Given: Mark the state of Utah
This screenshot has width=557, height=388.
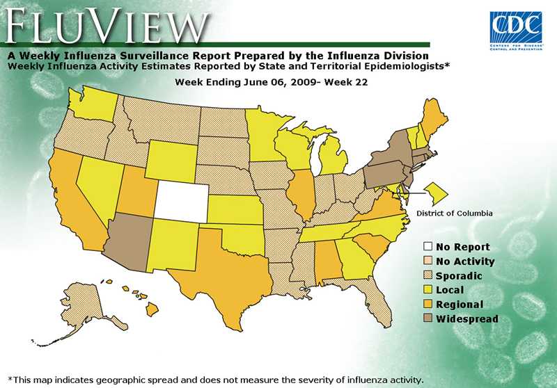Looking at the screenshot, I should pyautogui.click(x=136, y=191).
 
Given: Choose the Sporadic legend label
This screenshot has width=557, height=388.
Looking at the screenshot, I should pyautogui.click(x=460, y=276).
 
